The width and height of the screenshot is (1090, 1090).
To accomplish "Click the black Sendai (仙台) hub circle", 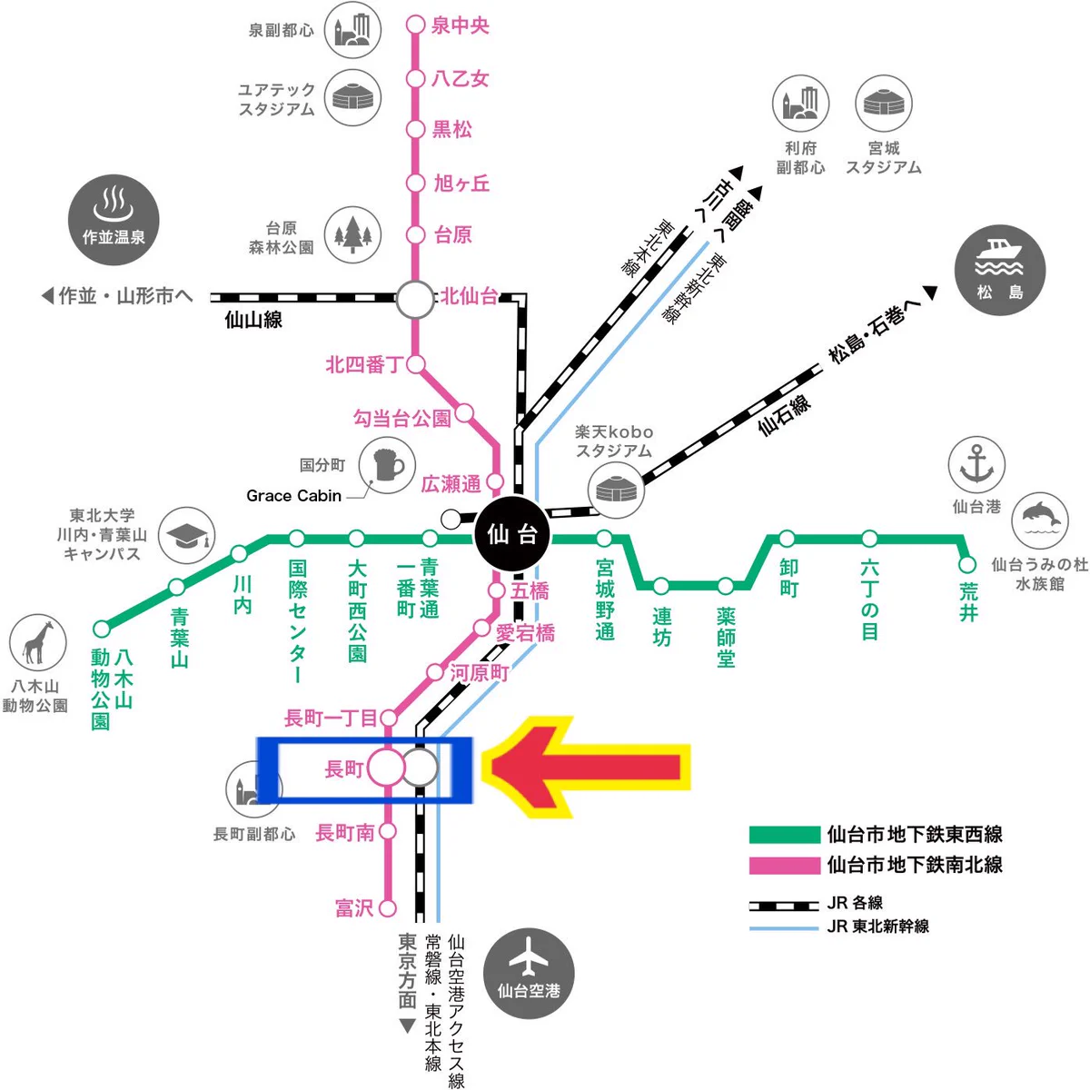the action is pos(512,533).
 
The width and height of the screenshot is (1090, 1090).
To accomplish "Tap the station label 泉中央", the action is pos(460,26).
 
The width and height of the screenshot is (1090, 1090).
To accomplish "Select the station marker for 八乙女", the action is pos(416,79).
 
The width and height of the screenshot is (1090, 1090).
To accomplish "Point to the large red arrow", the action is pos(587,767).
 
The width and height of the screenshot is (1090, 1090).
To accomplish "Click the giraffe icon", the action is pos(38,642).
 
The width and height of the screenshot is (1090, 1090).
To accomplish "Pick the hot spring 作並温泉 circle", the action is pos(114,220).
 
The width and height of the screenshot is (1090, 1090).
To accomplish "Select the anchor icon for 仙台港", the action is pos(976,464).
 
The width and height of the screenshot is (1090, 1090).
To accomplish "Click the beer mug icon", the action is pos(387,465).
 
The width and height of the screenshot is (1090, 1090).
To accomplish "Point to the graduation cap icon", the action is pos(187,535).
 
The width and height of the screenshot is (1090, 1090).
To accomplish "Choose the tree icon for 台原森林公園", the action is pos(352,234).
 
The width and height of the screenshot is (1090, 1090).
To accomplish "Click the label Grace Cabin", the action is pos(293,496).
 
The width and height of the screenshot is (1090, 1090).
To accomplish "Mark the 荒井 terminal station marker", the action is pos(967,564).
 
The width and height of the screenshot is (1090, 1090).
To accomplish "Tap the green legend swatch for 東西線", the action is pos(785,835).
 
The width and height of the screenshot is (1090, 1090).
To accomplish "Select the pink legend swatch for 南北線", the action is pos(785,866).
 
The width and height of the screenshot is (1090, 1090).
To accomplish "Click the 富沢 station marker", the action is pos(388,908).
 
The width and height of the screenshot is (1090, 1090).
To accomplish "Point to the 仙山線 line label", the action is pos(253,320).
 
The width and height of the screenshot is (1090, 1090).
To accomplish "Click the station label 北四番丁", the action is pos(363,365).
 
